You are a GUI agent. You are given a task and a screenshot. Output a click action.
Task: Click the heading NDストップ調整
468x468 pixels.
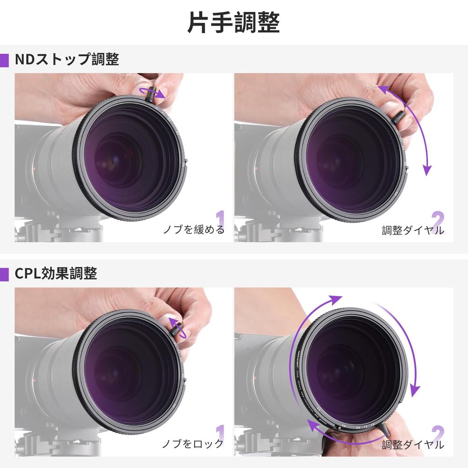(67, 59)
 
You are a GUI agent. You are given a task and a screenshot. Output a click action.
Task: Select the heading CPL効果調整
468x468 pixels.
(56, 273)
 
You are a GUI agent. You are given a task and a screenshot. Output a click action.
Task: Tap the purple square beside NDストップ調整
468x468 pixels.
(4, 60)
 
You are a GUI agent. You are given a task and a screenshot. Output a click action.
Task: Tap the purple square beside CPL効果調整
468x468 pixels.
(4, 274)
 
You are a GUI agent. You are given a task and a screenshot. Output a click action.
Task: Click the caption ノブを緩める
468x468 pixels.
(194, 229)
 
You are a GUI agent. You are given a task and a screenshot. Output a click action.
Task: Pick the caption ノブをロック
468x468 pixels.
(193, 443)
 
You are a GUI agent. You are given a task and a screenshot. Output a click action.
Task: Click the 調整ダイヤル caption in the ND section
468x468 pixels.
(413, 230)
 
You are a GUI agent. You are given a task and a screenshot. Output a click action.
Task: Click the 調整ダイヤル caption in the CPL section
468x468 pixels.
(413, 444)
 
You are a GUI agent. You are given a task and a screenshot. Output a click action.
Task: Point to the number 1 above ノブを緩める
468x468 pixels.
(220, 218)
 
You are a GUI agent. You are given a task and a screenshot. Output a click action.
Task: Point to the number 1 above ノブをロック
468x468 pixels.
(220, 432)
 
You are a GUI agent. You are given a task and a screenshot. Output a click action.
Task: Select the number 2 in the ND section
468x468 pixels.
(437, 218)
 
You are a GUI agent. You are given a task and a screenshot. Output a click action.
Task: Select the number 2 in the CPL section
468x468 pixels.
(437, 432)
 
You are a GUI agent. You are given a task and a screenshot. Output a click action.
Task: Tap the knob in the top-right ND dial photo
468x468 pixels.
(398, 117)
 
